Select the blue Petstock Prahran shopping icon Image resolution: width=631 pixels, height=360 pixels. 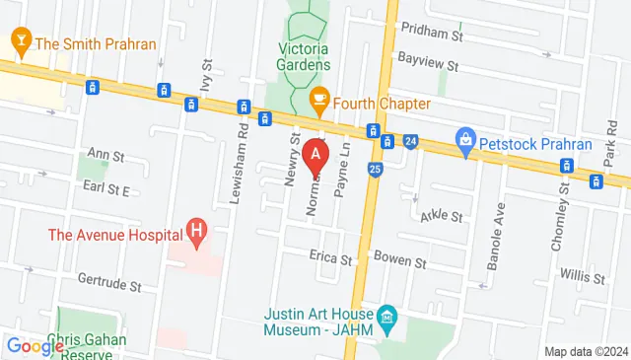click(464, 141)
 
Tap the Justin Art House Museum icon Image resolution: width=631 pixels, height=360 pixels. click(387, 317)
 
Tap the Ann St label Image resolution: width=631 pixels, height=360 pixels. click(106, 155)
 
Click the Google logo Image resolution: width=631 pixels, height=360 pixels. click(35, 346)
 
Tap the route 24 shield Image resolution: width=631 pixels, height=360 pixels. click(411, 142)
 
